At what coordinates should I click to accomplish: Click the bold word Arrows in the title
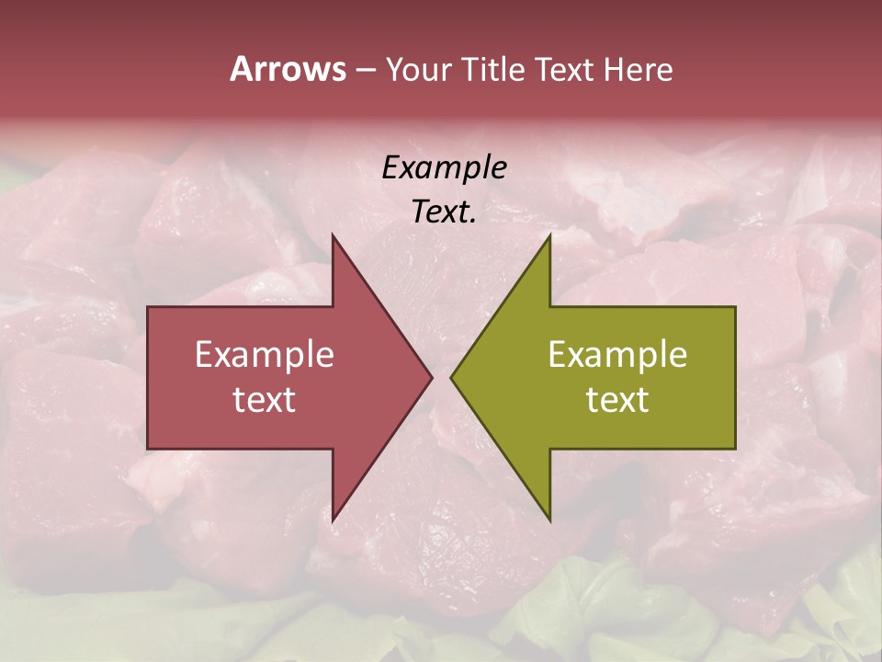point(288,69)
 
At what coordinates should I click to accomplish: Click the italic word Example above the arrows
point(444,168)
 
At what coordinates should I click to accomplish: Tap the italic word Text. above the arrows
point(444,212)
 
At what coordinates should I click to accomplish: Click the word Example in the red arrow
point(265,355)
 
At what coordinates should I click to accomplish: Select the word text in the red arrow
point(265,400)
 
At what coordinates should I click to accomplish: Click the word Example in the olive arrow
point(617,355)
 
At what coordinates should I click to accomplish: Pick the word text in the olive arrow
point(617,400)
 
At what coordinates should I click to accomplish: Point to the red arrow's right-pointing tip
point(431,377)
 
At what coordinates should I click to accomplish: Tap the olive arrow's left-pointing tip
point(451,377)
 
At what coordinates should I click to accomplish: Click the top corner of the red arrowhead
point(333,235)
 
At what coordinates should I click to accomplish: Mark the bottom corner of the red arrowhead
point(333,520)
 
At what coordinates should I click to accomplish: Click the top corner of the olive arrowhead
point(549,235)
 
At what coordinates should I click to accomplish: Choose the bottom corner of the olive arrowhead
point(549,520)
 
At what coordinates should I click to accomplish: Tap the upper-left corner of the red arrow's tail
point(149,308)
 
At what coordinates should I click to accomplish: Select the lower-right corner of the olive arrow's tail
point(735,448)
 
